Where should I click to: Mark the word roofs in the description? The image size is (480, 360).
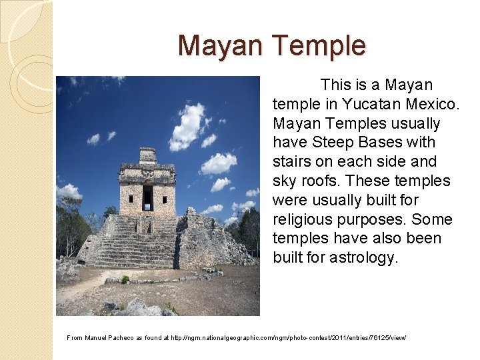[x=319, y=181]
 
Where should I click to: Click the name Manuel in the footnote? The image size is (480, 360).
[x=95, y=338]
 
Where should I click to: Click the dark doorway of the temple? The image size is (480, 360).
[x=147, y=197]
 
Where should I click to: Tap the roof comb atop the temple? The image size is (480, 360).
[x=147, y=155]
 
